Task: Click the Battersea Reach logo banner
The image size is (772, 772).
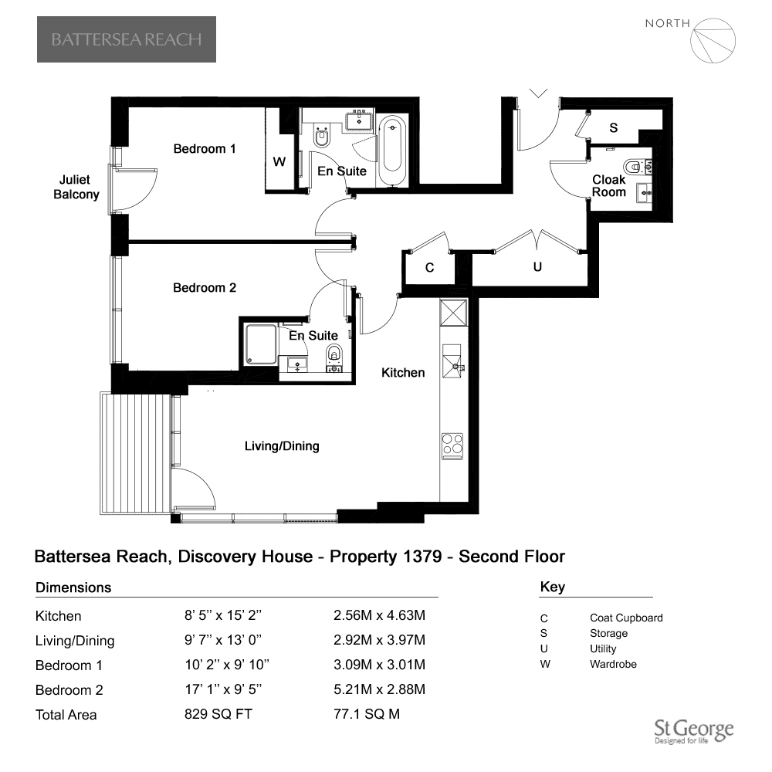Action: coord(127,39)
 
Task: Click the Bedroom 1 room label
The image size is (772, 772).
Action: coord(205,149)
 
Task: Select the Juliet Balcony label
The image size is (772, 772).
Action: coord(76,187)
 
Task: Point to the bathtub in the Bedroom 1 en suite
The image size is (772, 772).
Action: coord(392,150)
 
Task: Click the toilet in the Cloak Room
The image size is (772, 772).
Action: coord(638,167)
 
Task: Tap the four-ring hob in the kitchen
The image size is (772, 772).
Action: coord(452,446)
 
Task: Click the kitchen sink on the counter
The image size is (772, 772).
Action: coord(452,361)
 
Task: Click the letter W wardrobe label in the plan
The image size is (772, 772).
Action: coord(279,161)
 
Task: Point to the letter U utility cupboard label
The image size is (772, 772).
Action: coord(537,267)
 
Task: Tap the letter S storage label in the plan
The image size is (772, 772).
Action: coord(614,128)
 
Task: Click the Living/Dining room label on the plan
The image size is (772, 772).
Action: coord(282,446)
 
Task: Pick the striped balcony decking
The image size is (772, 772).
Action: coord(136,453)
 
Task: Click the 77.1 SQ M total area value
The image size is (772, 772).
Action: coord(366,714)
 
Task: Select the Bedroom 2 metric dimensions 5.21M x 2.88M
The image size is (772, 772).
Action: coord(379,689)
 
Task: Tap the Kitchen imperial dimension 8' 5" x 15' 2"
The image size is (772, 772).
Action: coord(223,615)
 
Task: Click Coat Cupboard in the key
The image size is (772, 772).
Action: coord(626,618)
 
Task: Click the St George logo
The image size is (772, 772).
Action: coord(694,731)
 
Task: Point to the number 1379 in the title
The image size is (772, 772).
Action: coord(422,557)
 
